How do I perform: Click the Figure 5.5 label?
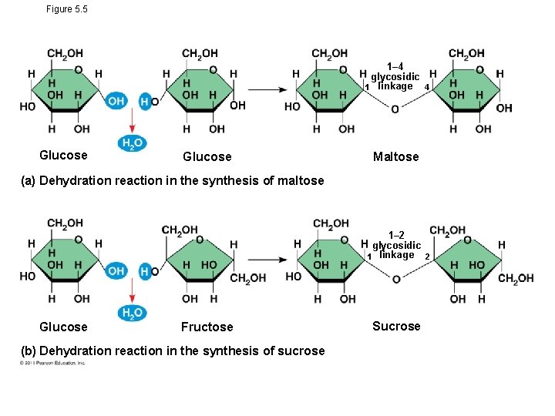pyautogui.click(x=67, y=9)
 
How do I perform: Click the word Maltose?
pyautogui.click(x=395, y=156)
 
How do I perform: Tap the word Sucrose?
pyautogui.click(x=396, y=326)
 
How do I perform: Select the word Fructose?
pyautogui.click(x=207, y=327)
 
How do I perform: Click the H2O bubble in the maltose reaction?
pyautogui.click(x=130, y=143)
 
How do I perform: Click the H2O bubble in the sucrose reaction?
pyautogui.click(x=130, y=313)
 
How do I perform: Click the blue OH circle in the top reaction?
pyautogui.click(x=116, y=101)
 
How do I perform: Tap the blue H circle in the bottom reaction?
pyautogui.click(x=144, y=271)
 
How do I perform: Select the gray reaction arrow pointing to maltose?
pyautogui.click(x=266, y=89)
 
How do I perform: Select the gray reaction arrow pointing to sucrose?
pyautogui.click(x=266, y=260)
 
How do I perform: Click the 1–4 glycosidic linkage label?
pyautogui.click(x=395, y=77)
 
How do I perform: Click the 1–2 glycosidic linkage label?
pyautogui.click(x=396, y=245)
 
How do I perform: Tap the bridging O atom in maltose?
pyautogui.click(x=395, y=109)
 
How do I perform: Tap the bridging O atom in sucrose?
pyautogui.click(x=395, y=279)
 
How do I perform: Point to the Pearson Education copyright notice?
pyautogui.click(x=53, y=363)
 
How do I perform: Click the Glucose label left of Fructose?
pyautogui.click(x=63, y=327)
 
